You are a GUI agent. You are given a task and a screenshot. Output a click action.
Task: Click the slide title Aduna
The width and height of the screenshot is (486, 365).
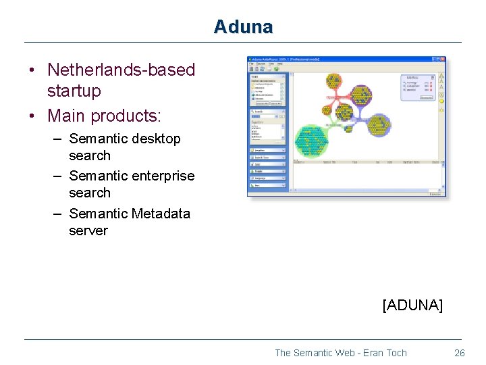pyautogui.click(x=243, y=27)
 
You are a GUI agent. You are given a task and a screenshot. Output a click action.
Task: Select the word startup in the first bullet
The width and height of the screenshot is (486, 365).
pyautogui.click(x=74, y=91)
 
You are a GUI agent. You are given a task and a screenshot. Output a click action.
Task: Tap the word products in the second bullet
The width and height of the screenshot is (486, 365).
pyautogui.click(x=124, y=116)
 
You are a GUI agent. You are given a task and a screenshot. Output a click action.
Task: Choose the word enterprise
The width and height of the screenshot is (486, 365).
pyautogui.click(x=162, y=176)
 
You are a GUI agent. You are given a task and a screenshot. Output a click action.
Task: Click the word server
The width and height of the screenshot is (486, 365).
pyautogui.click(x=88, y=230)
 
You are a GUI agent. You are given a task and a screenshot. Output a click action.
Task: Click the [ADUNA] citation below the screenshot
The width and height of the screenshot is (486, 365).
pyautogui.click(x=412, y=305)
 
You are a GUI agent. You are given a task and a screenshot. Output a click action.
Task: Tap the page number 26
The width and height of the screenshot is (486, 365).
pyautogui.click(x=460, y=353)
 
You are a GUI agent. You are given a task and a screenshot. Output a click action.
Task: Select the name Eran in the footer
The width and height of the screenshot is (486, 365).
pyautogui.click(x=365, y=353)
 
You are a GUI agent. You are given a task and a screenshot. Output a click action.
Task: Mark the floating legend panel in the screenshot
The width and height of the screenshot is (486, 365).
pyautogui.click(x=418, y=87)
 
